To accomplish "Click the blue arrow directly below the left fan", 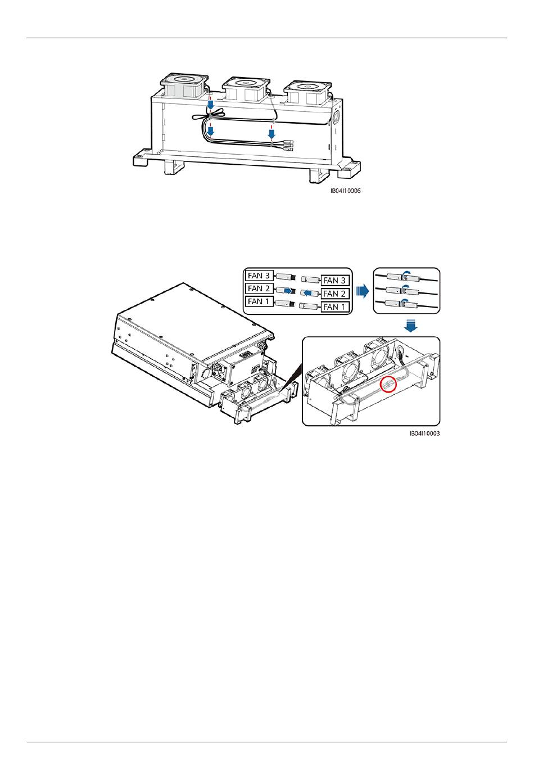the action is click(209, 105).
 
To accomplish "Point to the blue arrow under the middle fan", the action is click(271, 134).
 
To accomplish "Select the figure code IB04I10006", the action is click(346, 191).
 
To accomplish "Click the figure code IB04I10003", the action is click(424, 434).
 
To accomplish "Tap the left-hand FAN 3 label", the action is click(259, 276).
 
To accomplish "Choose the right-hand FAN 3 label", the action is click(335, 280).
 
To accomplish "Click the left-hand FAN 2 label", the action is click(259, 289).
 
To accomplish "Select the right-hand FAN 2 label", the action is click(335, 294).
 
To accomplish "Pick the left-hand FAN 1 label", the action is click(259, 302).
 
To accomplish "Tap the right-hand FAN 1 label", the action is click(335, 307).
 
